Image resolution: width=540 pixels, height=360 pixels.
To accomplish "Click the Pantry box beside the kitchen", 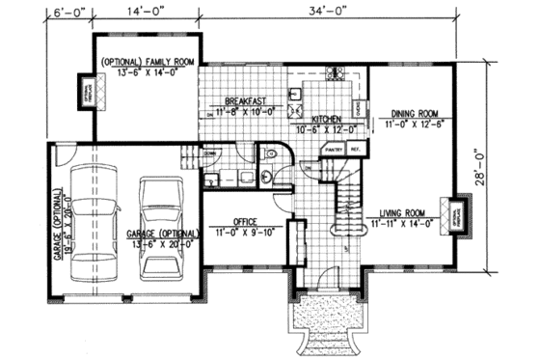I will pyautogui.click(x=336, y=151).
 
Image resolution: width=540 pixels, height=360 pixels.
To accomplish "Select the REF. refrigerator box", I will pyautogui.click(x=355, y=151).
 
